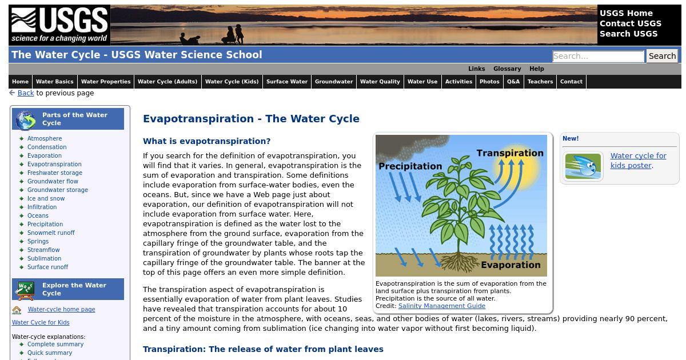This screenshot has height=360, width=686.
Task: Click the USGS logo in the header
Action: tap(59, 25)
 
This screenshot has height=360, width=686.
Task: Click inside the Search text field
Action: tap(599, 57)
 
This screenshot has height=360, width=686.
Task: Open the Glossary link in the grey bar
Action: tap(507, 69)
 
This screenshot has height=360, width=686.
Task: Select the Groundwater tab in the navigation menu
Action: tap(334, 82)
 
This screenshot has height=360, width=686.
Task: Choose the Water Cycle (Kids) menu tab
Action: tap(232, 82)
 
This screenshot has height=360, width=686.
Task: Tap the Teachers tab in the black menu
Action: tap(540, 82)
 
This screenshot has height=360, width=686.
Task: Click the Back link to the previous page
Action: tap(26, 93)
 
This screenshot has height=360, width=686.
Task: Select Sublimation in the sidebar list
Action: tap(44, 258)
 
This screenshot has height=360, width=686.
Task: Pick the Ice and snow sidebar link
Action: tap(46, 198)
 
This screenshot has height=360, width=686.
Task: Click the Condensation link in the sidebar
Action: tap(47, 147)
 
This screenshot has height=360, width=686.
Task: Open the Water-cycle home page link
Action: tap(61, 310)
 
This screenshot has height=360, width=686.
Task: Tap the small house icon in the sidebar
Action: tap(17, 310)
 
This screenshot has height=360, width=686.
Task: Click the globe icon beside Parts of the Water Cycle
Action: tap(26, 120)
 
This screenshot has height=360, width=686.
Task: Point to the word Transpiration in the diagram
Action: tap(510, 153)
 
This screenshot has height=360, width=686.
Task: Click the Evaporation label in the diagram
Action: tap(510, 265)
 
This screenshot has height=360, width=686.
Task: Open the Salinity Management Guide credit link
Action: tap(441, 306)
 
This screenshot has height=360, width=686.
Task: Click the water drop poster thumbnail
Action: tap(583, 166)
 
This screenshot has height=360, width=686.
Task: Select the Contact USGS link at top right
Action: tap(630, 23)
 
